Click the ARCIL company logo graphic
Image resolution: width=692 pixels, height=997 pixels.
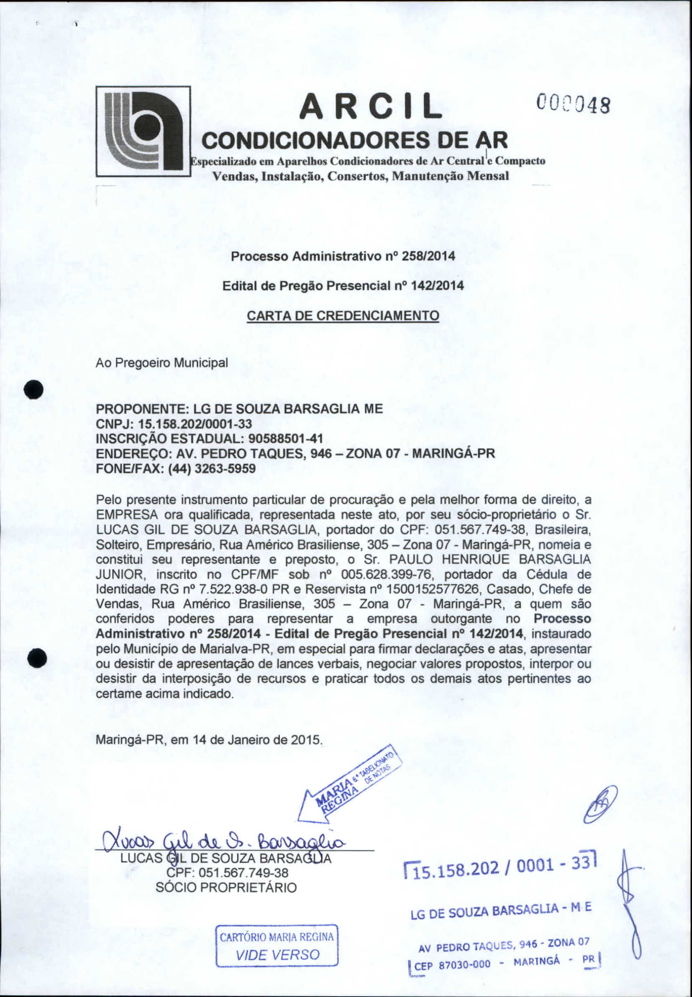[143, 131]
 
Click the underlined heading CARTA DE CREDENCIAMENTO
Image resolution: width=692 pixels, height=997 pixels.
[343, 315]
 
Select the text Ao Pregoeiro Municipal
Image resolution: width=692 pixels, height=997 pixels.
[161, 362]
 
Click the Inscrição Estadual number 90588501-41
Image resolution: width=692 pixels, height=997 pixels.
[285, 439]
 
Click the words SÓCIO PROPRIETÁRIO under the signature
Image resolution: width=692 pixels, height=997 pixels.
[226, 887]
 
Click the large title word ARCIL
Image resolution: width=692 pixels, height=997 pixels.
[371, 106]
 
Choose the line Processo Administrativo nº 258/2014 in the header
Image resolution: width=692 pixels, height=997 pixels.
[343, 256]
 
